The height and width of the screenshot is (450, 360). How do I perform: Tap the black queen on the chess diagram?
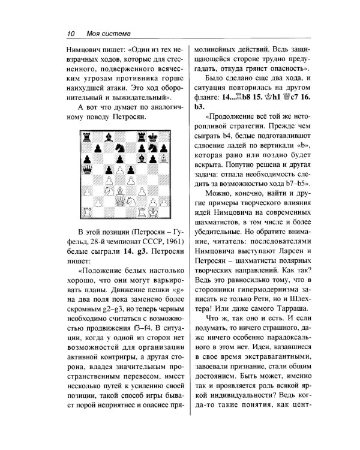[87, 170]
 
